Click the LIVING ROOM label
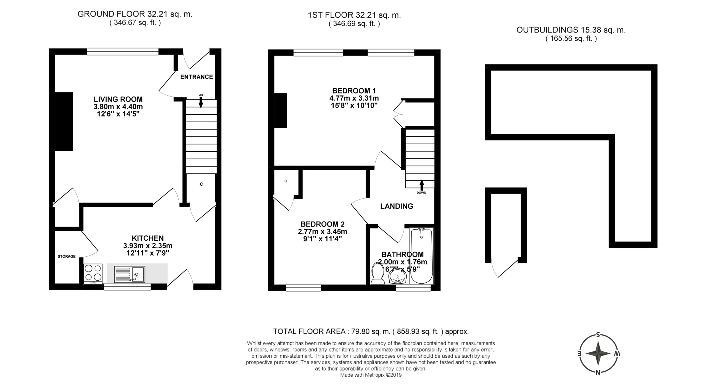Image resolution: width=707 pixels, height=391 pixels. pyautogui.click(x=118, y=99)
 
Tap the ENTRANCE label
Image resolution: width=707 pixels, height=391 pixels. pyautogui.click(x=197, y=77)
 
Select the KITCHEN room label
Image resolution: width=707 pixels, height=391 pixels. pyautogui.click(x=148, y=238)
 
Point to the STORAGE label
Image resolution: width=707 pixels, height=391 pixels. pyautogui.click(x=67, y=256)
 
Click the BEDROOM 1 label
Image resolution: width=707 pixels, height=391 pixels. pyautogui.click(x=354, y=91)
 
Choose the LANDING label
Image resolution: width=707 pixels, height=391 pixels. pyautogui.click(x=397, y=206)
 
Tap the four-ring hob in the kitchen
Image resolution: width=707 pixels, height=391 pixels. pyautogui.click(x=93, y=274)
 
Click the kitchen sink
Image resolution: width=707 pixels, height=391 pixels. pyautogui.click(x=129, y=274)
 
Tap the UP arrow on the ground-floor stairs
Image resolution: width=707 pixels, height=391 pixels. pyautogui.click(x=201, y=101)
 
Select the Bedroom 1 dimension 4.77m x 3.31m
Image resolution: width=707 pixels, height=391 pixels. pyautogui.click(x=354, y=98)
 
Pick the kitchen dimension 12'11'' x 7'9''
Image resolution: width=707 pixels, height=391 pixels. pyautogui.click(x=148, y=253)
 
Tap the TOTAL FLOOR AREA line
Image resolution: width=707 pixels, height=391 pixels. pyautogui.click(x=371, y=331)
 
